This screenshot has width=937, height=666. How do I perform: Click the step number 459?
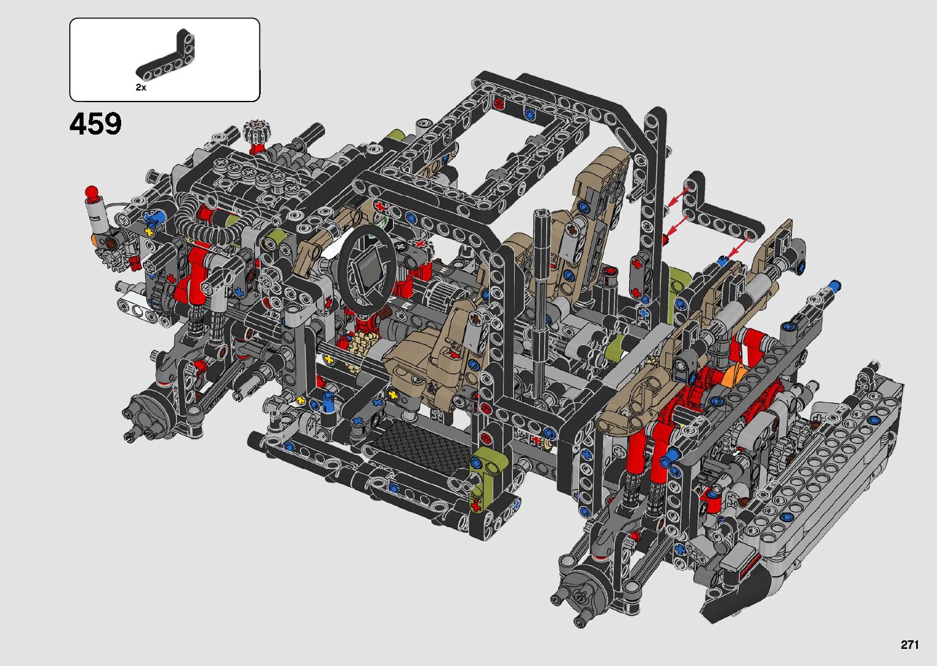(x=95, y=124)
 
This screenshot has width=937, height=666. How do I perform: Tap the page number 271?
(x=910, y=645)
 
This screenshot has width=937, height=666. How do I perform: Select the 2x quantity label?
(x=141, y=87)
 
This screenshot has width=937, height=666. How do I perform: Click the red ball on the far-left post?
(x=91, y=192)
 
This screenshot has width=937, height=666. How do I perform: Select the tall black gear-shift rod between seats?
(x=540, y=293)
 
